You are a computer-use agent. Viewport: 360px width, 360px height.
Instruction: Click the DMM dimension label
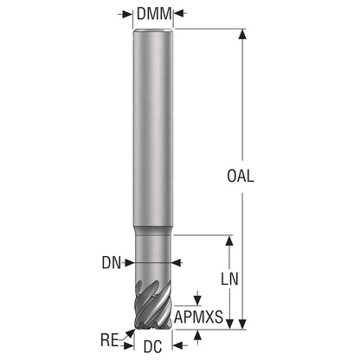pos(154,13)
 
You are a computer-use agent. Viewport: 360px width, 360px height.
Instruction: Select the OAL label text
pos(241,176)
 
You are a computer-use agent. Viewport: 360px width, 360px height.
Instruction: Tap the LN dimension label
pos(229,279)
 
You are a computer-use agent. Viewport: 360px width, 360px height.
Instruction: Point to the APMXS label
pos(199,317)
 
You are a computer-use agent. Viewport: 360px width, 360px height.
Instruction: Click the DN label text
pos(112,263)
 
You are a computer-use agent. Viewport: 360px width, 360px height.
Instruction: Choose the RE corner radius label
pos(109,340)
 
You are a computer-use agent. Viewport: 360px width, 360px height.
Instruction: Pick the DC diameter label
pos(152,346)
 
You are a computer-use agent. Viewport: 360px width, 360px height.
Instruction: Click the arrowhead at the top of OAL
pos(242,34)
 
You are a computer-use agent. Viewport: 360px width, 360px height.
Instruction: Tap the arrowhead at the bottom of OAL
pos(242,324)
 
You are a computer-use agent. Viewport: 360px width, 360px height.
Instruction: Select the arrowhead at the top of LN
pos(229,241)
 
